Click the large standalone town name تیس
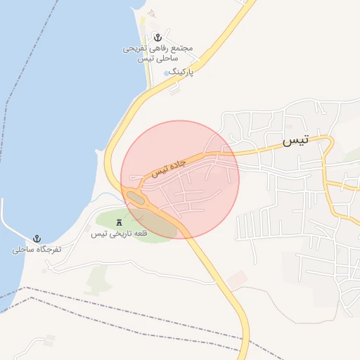[295, 141]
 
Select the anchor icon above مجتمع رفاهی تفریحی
[158, 37]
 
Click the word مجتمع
[181, 49]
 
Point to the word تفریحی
[135, 49]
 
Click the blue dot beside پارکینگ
[167, 72]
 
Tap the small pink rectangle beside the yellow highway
[238, 279]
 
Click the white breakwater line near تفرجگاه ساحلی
[10, 221]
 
